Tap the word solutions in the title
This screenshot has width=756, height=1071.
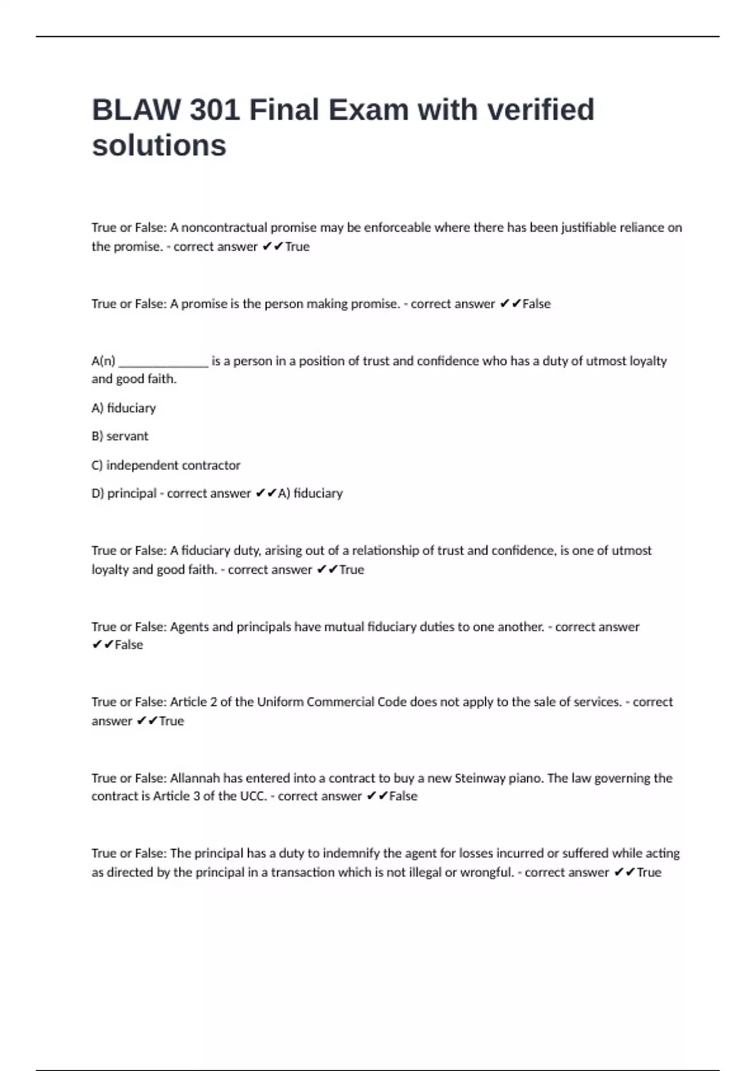pos(159,146)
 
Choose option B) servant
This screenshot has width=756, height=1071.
pos(120,436)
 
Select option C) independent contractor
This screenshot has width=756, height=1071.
pos(166,465)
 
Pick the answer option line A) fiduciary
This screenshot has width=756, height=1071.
pos(123,408)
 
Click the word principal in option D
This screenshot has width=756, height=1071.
pos(132,493)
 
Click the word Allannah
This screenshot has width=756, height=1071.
pos(195,778)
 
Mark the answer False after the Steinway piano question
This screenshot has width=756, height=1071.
pos(403,796)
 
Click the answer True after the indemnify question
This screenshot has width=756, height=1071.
pos(649,873)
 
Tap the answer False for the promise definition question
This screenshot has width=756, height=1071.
pos(536,304)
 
